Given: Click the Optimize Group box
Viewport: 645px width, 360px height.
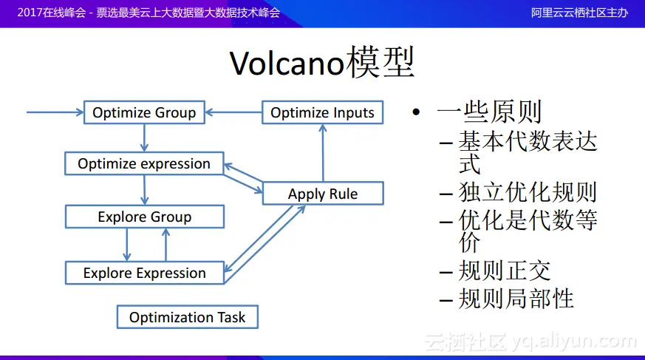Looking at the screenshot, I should pos(144,113).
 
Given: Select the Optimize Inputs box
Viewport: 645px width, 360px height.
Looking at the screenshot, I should pos(322,113).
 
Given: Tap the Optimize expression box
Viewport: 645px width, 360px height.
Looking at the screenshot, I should pos(144,164).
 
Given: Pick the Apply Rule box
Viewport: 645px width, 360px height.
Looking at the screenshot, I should pos(323,194).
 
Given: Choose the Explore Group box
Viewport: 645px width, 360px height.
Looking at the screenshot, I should pos(144,217).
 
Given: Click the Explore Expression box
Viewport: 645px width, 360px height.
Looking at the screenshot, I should pos(144,273).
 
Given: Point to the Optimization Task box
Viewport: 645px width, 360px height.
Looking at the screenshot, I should pos(187,317).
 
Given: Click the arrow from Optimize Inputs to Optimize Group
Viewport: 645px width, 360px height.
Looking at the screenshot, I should pos(233,113).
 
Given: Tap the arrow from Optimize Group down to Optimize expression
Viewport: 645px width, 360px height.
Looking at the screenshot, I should pos(145,138).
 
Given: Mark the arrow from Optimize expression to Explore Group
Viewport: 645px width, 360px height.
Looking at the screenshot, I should pos(145,191).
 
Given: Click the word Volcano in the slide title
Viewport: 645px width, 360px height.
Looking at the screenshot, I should pos(287,64).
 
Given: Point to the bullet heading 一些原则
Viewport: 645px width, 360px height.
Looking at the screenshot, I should pos(489,112).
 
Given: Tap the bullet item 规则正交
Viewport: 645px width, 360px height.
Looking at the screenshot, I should pos(504,271).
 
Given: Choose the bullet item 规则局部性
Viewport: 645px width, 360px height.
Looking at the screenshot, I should pos(516,299).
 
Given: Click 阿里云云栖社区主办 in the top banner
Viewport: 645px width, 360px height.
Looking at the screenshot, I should pos(579,13).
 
